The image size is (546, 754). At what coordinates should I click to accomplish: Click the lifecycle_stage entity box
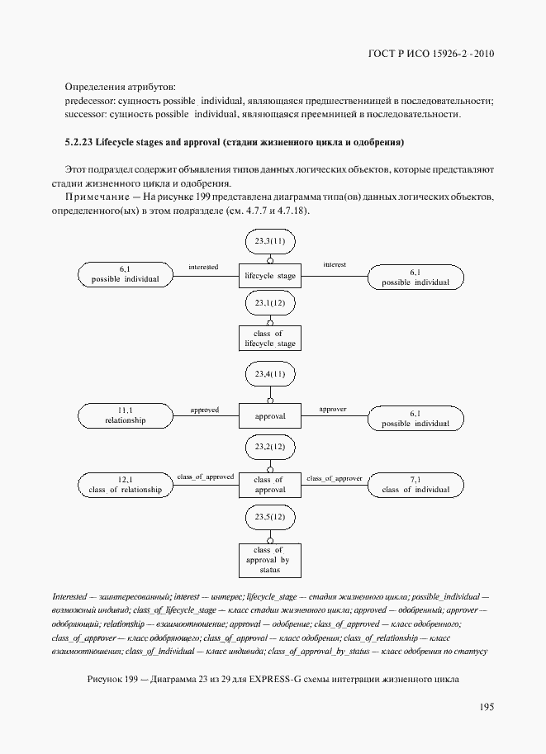pos(269,276)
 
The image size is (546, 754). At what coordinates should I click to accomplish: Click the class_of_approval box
pos(269,485)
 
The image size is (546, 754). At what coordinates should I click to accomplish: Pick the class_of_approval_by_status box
pos(269,559)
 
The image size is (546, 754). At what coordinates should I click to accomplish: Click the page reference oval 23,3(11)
pos(269,241)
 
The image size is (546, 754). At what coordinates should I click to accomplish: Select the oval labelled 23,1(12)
pos(269,303)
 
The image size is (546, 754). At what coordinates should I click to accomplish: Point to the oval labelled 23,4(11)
pos(269,374)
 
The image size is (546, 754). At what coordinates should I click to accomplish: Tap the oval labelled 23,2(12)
pos(269,447)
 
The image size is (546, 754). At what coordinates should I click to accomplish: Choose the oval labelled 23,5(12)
pos(269,517)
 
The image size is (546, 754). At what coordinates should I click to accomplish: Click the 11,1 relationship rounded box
pos(126,415)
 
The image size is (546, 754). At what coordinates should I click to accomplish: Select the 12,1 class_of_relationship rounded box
pos(126,485)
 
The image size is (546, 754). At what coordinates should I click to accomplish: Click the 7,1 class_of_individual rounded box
pos(415,485)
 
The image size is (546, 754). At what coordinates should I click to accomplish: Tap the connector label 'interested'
pos(203,267)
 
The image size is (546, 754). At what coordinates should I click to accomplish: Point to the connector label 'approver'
pos(332,409)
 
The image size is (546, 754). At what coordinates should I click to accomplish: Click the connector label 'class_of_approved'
pos(205,477)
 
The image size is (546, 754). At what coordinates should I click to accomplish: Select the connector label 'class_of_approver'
pos(335,477)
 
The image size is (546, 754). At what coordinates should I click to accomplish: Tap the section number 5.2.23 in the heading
pos(80,143)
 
